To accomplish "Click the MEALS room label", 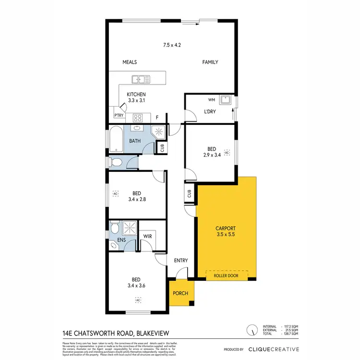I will click(x=130, y=62).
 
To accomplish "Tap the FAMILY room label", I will click(x=210, y=62).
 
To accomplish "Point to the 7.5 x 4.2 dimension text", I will click(x=172, y=45).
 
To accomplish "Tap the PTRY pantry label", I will click(x=119, y=115).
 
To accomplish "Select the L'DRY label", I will click(x=210, y=112).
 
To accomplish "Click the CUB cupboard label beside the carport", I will click(x=190, y=194).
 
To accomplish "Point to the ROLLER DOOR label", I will click(x=227, y=276).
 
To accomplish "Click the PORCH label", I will click(x=180, y=294).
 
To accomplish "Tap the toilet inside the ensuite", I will click(x=114, y=246).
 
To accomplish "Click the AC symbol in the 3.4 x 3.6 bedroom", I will click(x=138, y=300).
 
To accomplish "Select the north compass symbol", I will click(x=251, y=330).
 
